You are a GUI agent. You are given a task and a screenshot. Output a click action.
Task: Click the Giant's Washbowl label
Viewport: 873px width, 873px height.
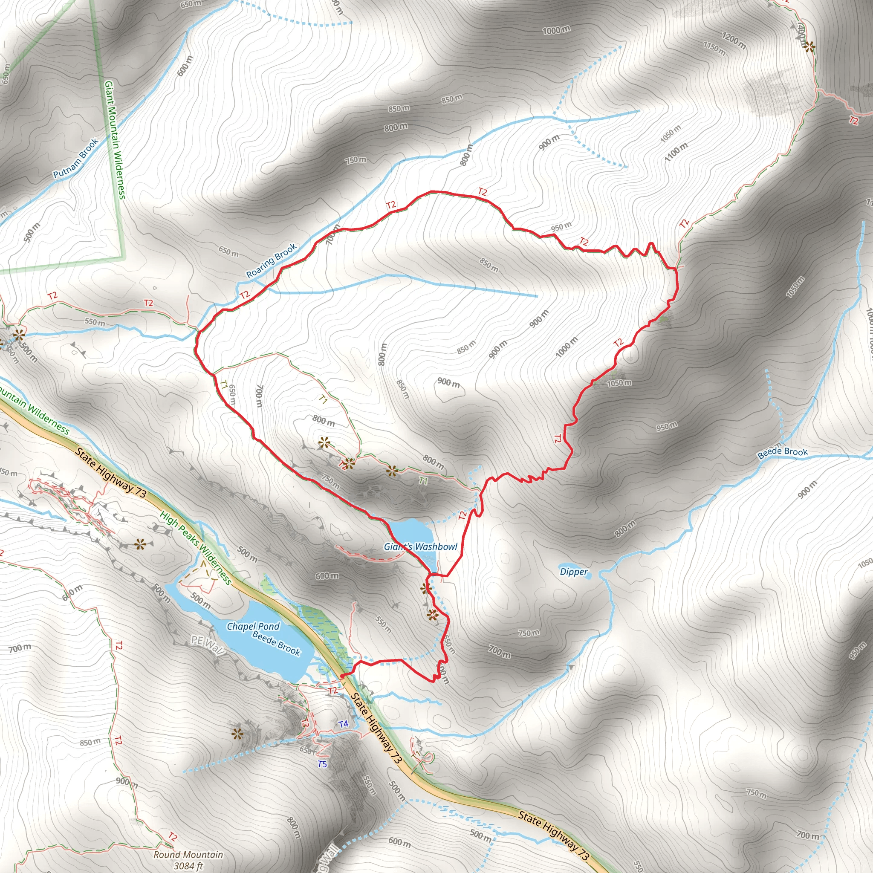(x=421, y=547)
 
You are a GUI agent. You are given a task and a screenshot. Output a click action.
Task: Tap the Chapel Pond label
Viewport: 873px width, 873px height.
(x=253, y=626)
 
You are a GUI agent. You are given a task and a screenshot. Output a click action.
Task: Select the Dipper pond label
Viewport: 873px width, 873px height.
(x=574, y=572)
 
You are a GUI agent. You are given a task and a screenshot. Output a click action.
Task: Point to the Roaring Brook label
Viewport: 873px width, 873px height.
(x=272, y=261)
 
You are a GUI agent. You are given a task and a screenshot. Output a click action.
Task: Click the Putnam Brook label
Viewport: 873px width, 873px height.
(x=76, y=159)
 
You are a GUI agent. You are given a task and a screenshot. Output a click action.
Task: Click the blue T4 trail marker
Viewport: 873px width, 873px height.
(x=344, y=724)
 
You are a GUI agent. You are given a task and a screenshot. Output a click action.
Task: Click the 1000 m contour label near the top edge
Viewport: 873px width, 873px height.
(x=556, y=30)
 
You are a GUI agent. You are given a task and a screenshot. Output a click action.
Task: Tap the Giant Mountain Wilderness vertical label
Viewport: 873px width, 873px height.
(x=115, y=140)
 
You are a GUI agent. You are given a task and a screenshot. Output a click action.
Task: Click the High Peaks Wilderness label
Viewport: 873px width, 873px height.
(x=196, y=548)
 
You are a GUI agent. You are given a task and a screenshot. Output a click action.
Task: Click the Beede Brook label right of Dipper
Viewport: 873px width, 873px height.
(x=783, y=452)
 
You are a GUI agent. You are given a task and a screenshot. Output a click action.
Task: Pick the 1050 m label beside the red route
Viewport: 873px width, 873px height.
(x=619, y=383)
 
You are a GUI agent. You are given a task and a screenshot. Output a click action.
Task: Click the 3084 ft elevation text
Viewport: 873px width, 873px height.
(x=188, y=866)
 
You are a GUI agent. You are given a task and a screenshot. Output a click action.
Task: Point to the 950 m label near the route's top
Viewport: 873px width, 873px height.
(x=561, y=226)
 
